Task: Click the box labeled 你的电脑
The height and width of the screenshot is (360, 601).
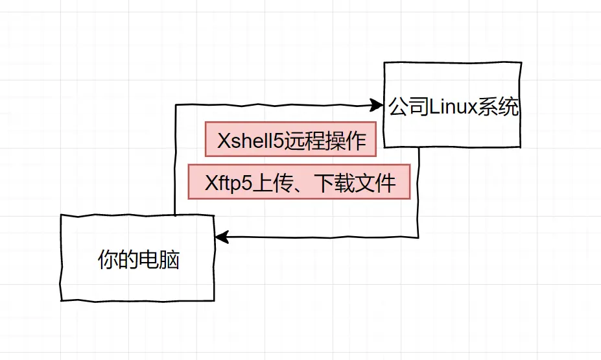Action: pyautogui.click(x=137, y=258)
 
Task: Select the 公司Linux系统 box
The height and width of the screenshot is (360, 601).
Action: pyautogui.click(x=453, y=105)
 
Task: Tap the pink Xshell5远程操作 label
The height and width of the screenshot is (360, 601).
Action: pyautogui.click(x=290, y=139)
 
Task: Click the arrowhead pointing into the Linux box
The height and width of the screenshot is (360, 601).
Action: pyautogui.click(x=376, y=104)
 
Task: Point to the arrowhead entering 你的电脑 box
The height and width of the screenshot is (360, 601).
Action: pyautogui.click(x=221, y=237)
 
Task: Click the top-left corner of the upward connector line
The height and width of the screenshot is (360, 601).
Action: pyautogui.click(x=176, y=105)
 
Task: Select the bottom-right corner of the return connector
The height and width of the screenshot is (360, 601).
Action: pyautogui.click(x=418, y=237)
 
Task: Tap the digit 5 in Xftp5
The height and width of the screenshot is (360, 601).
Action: pyautogui.click(x=245, y=183)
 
